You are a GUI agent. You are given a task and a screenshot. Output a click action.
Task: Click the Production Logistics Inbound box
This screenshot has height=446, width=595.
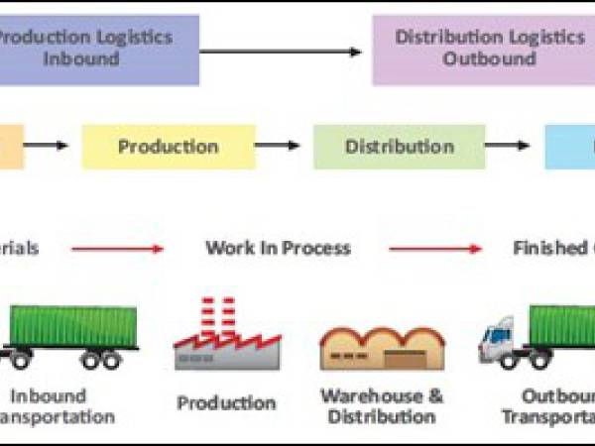[99, 49]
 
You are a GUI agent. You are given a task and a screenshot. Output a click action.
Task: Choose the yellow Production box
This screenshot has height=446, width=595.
[168, 147]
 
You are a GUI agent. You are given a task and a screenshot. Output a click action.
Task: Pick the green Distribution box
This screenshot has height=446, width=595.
[399, 147]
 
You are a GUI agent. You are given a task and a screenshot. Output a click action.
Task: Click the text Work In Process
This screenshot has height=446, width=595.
[278, 248]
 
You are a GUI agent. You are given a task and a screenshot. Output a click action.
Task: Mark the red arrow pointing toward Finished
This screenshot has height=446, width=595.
[435, 249]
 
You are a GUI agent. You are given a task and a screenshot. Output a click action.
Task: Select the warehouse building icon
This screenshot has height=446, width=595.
[381, 347]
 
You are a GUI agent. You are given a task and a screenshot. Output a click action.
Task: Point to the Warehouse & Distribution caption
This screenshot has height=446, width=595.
[381, 406]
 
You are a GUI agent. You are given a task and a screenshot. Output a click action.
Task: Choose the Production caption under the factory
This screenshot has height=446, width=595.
[226, 403]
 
